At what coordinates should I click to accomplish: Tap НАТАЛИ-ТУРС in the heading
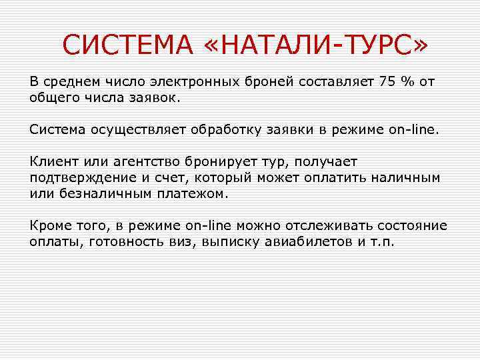[315, 46]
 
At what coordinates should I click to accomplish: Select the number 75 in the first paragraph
[387, 82]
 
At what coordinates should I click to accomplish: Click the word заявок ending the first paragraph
[159, 97]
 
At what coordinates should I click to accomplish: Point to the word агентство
[133, 163]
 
